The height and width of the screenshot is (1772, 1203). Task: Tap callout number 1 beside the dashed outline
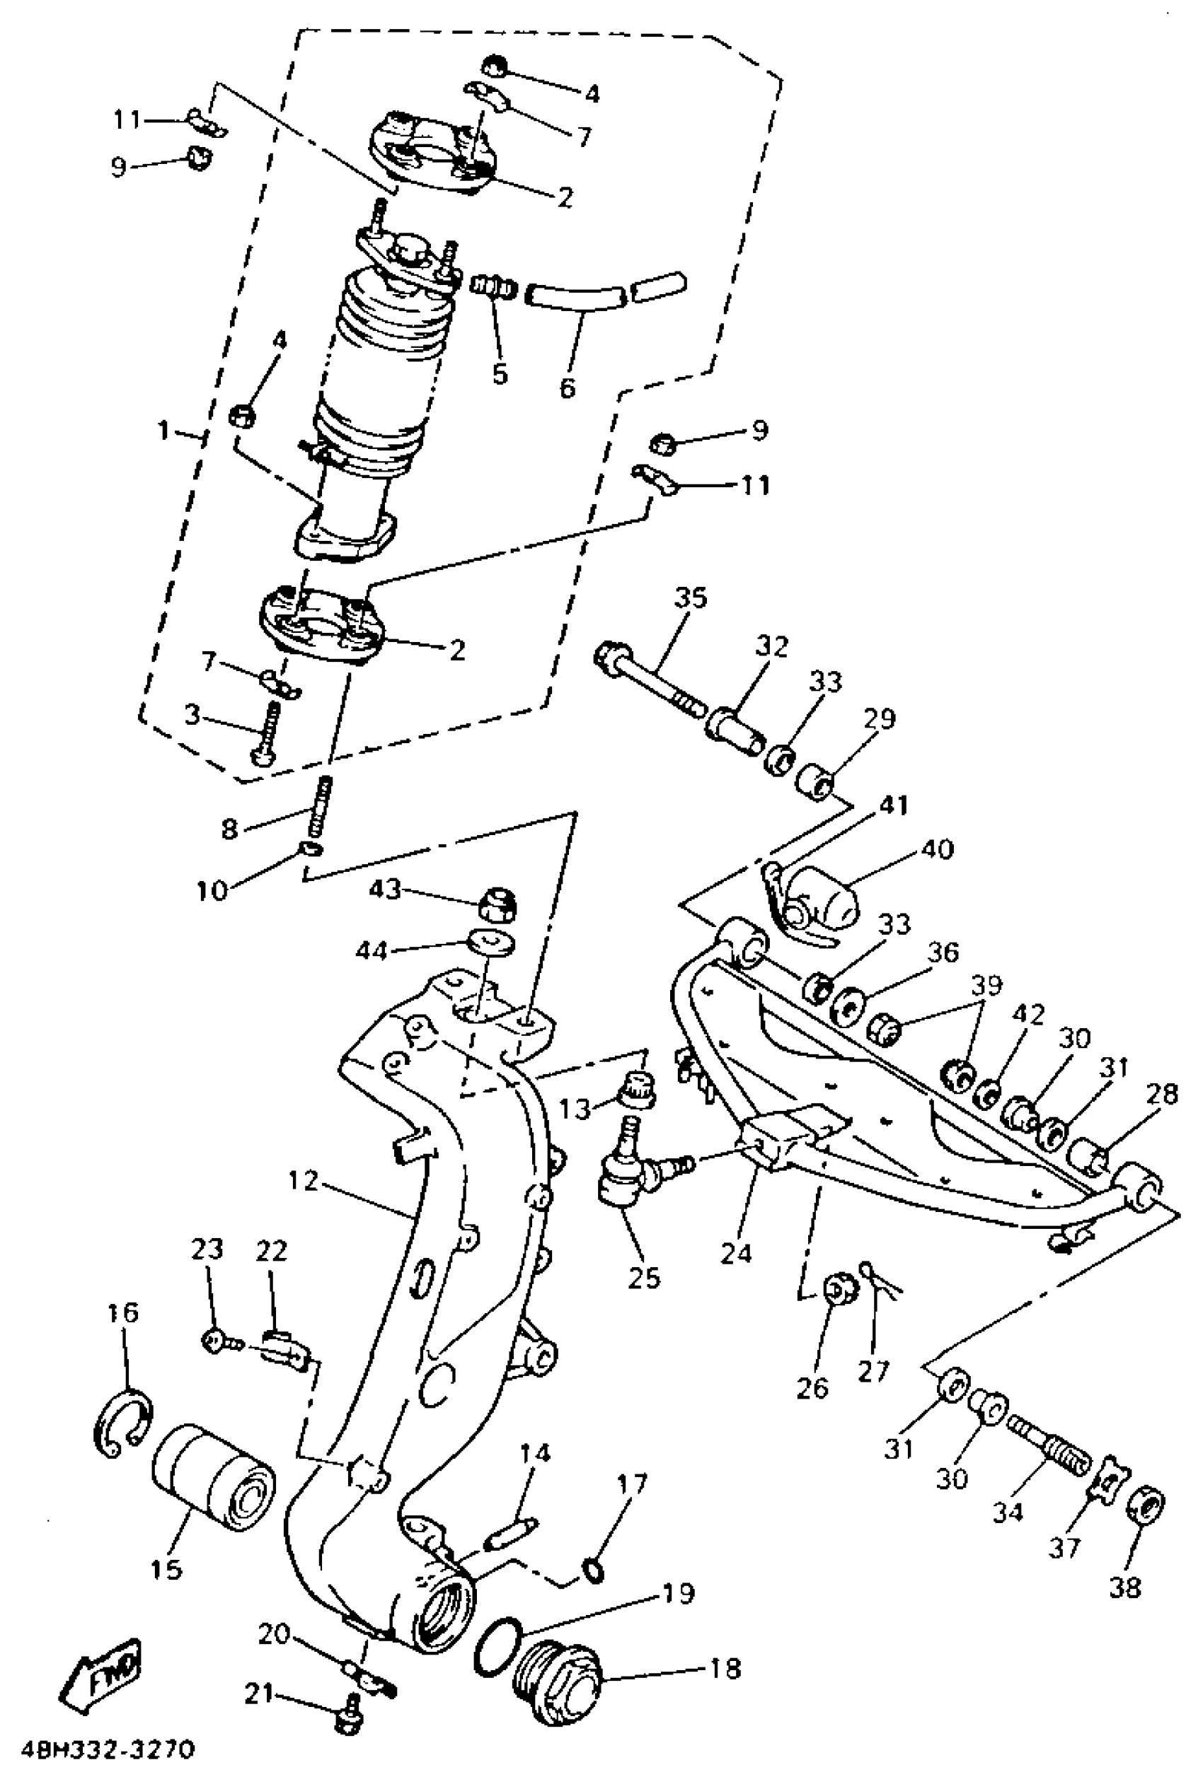click(x=164, y=431)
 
